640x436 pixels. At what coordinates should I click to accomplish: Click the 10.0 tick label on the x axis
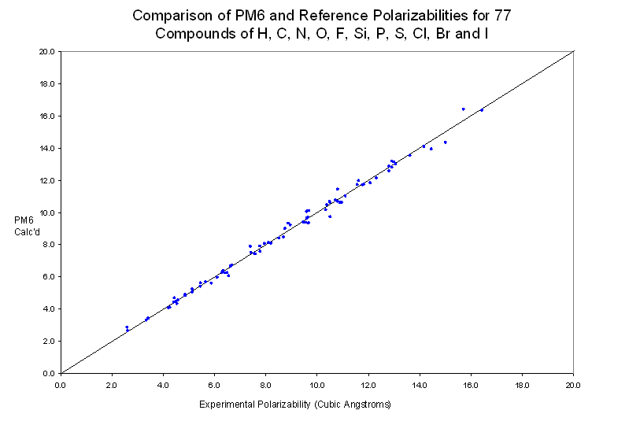click(x=317, y=386)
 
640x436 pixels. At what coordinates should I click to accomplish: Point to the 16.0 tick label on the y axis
click(x=47, y=116)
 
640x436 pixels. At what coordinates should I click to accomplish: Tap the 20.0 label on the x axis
click(x=573, y=386)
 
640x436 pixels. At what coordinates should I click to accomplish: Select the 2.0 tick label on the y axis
click(x=49, y=341)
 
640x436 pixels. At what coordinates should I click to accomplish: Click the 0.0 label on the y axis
click(x=49, y=373)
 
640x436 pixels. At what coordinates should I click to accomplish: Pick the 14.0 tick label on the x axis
click(x=420, y=386)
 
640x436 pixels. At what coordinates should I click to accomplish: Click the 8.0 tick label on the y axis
click(x=49, y=244)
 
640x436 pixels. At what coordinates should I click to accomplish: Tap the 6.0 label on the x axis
click(x=214, y=386)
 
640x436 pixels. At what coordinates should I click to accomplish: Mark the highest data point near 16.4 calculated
click(x=463, y=109)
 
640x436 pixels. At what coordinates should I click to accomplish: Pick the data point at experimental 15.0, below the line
click(x=445, y=142)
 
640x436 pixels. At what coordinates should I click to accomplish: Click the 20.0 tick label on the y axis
click(x=47, y=51)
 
